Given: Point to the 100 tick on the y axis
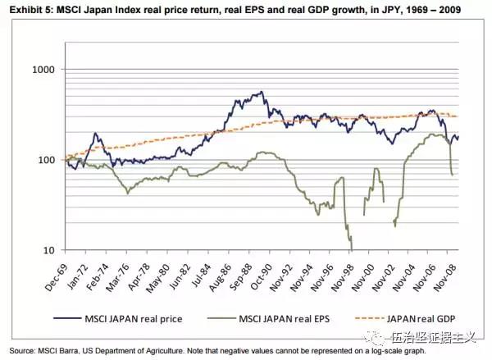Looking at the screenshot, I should click(47, 160).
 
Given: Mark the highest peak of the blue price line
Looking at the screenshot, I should click(261, 92).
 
